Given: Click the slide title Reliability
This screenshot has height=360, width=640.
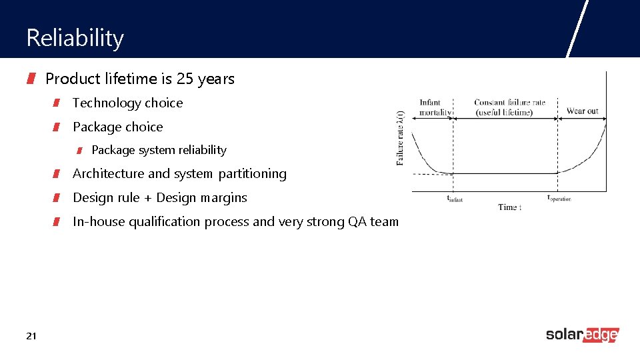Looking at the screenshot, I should pos(75,38).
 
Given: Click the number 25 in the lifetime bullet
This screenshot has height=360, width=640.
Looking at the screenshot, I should pos(185,79).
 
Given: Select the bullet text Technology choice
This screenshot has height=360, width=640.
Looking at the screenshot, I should pos(127,103).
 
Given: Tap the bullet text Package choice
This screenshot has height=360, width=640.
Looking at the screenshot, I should pos(117,127).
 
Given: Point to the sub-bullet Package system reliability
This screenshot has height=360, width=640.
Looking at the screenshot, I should pos(159,150).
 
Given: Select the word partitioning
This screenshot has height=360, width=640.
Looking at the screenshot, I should pos(252,173).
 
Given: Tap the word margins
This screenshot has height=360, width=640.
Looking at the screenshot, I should pos(223,197).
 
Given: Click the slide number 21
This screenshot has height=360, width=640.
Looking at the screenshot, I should pos(31,335).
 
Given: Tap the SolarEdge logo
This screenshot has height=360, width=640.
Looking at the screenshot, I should pos(582,335).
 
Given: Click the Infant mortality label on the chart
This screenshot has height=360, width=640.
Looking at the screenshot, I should pos(434,107).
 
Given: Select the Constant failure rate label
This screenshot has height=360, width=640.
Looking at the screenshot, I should pos(509,107).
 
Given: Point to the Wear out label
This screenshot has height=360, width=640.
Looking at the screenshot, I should pos(582,111).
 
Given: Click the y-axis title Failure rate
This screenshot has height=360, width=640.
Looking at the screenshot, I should pos(400,138).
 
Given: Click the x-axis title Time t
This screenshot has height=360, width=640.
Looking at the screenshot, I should pos(509,207).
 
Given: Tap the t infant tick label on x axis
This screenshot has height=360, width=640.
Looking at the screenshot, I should pos(454,198).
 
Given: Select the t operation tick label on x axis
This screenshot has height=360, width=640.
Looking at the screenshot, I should pos(559,198).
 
